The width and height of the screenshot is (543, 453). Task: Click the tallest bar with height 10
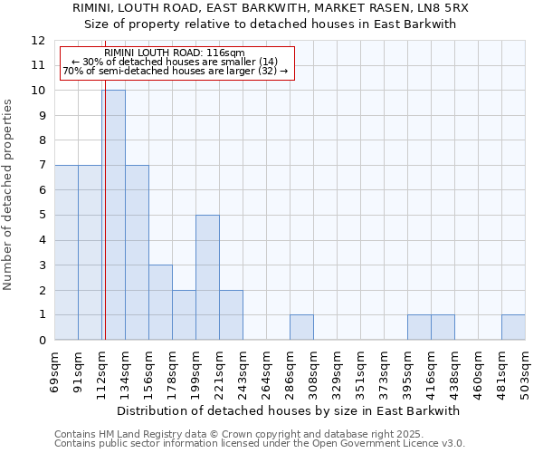click(113, 215)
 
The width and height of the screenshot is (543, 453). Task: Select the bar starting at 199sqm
click(207, 277)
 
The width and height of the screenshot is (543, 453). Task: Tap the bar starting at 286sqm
click(301, 327)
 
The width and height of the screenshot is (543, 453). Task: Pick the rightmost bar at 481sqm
click(513, 327)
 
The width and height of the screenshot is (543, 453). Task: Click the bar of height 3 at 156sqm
click(160, 303)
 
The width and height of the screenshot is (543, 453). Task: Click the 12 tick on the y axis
click(38, 41)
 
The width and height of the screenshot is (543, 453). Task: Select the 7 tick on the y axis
click(42, 166)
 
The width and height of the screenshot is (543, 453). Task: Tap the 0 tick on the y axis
click(42, 341)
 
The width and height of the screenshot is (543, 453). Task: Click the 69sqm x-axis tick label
click(55, 367)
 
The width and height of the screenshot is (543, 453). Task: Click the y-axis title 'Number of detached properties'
click(8, 195)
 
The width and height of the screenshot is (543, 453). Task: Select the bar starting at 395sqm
click(419, 327)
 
